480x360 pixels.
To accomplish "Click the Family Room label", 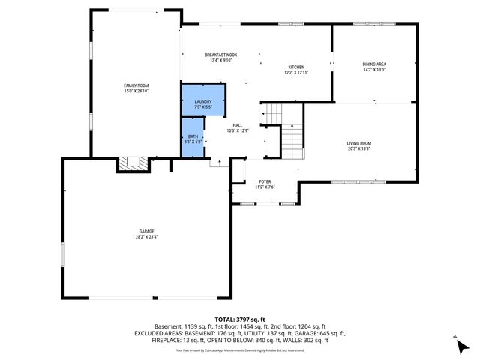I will point(136,85).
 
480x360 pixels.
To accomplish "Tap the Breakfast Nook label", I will point(220,55).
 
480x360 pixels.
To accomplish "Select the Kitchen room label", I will point(296,67).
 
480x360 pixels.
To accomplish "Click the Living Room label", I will point(358,142).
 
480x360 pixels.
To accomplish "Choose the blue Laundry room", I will point(203,103).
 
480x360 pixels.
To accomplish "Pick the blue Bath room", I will point(193,138).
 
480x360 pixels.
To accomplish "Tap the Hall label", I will point(237,125).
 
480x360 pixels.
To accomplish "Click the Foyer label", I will point(265,181).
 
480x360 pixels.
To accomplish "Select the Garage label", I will point(146,232).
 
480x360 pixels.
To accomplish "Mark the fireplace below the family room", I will point(135,164).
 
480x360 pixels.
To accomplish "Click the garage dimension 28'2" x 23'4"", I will point(146,237).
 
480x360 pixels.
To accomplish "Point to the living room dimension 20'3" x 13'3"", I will point(358,148).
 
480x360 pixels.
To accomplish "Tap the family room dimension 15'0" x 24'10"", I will point(136,91).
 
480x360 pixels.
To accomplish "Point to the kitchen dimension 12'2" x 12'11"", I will point(296,72).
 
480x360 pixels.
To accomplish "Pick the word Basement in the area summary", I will point(167,326).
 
